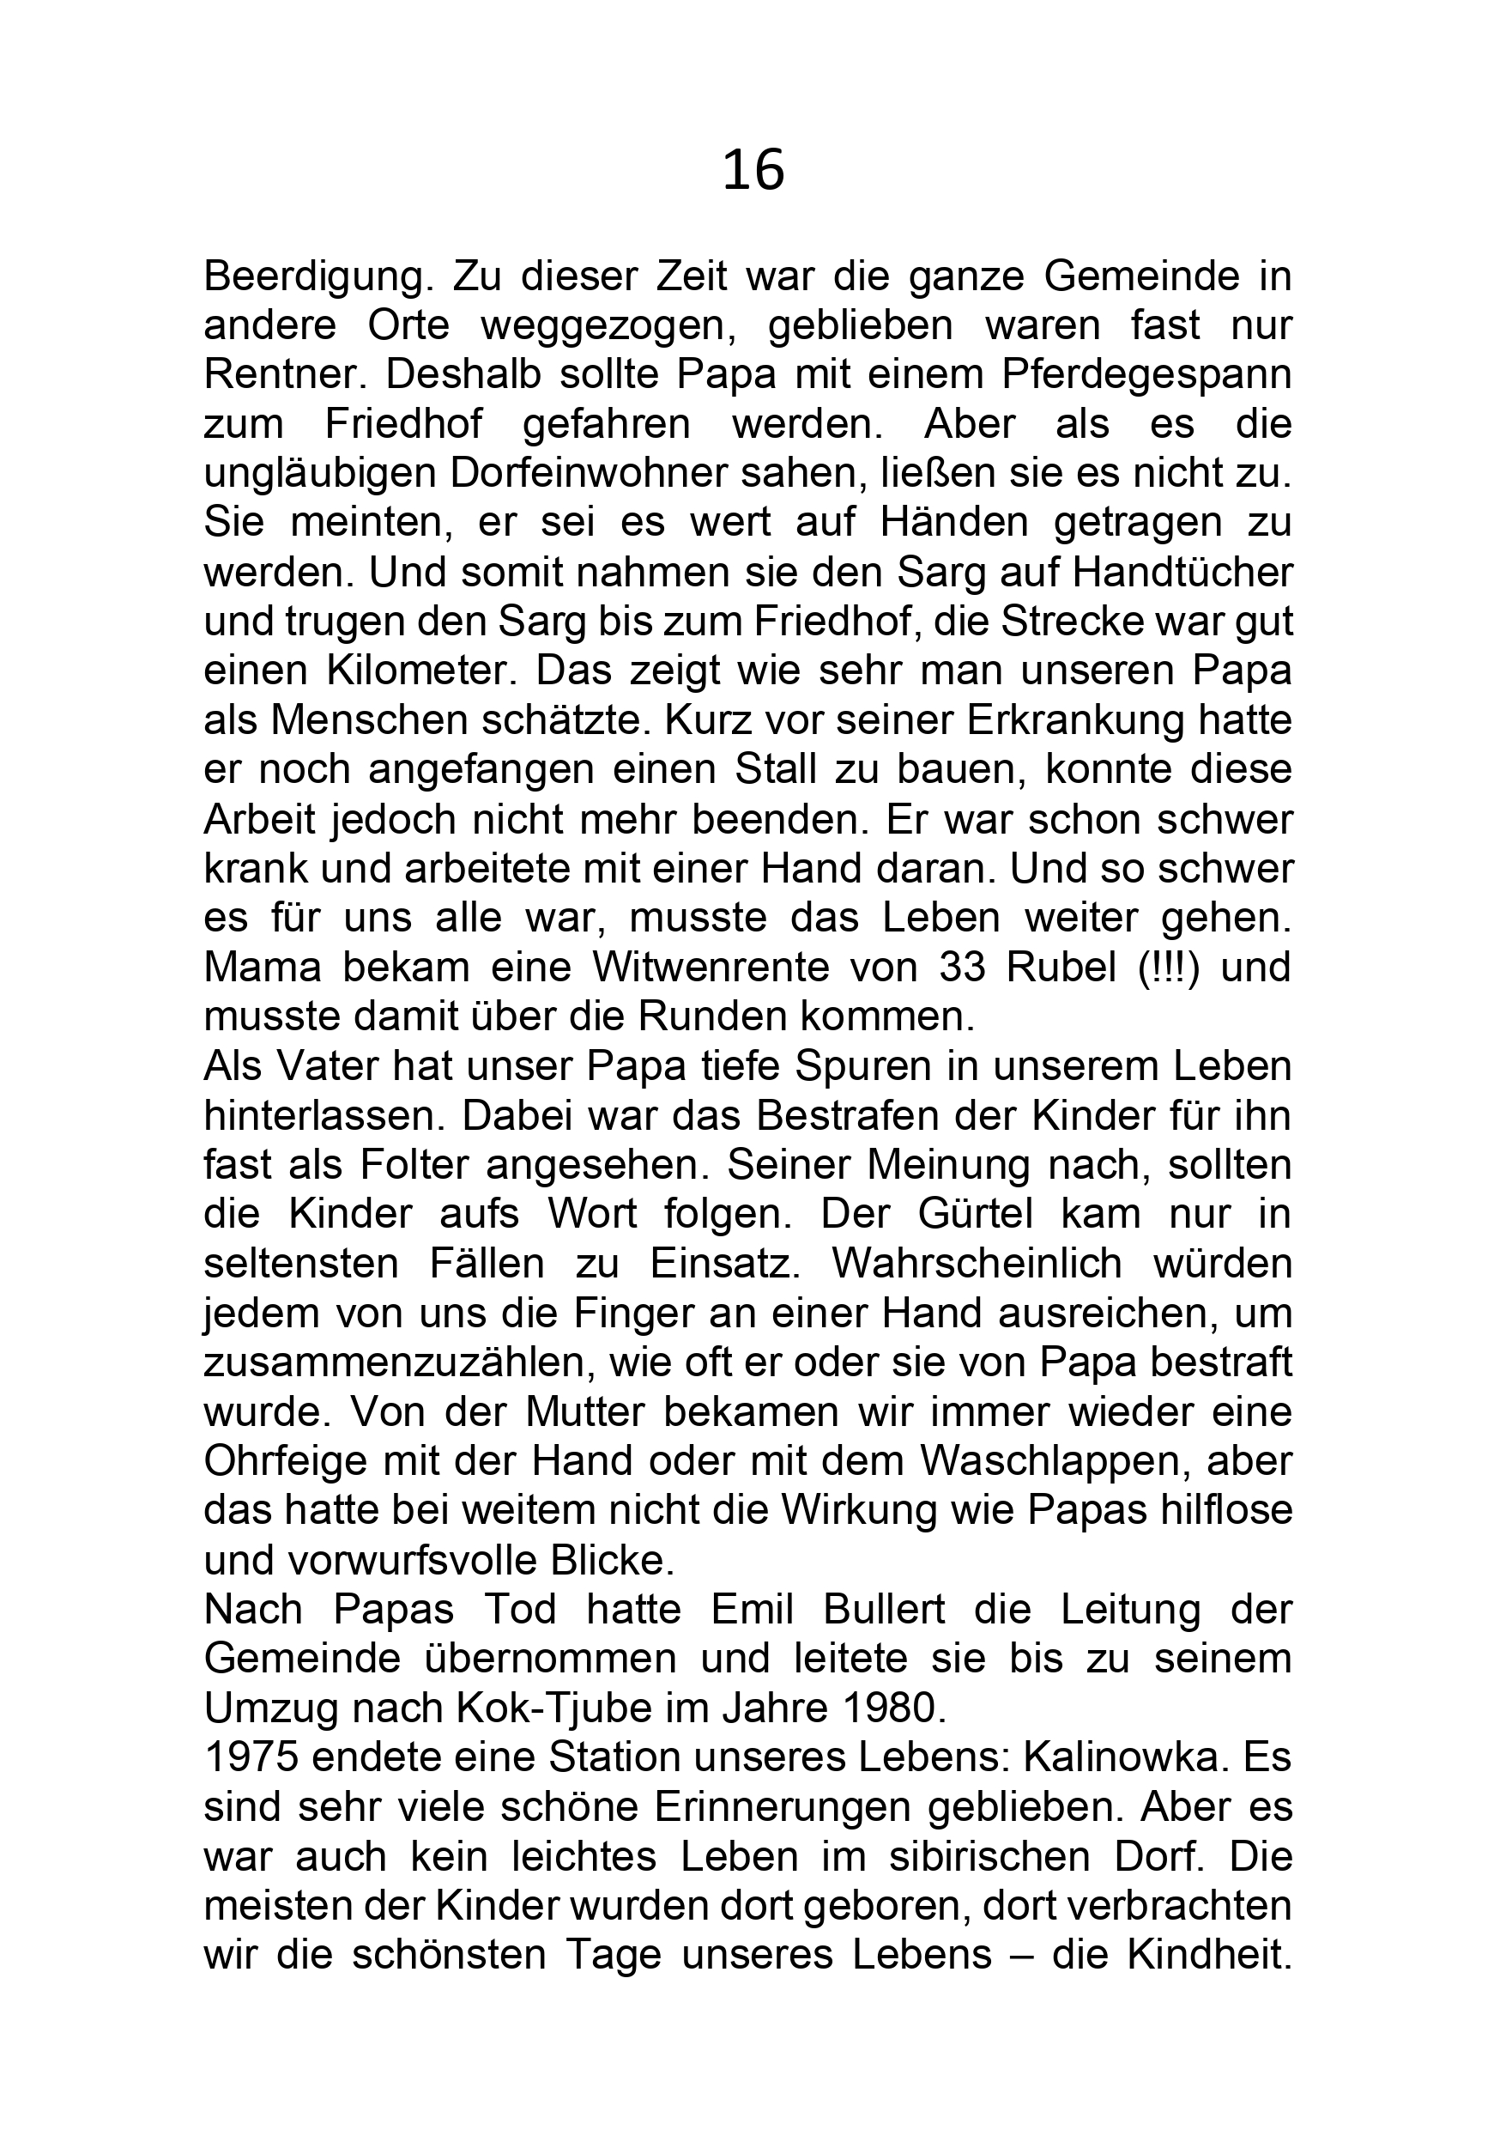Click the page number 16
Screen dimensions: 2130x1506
tap(753, 172)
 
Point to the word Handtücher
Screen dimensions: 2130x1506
tap(1182, 573)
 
